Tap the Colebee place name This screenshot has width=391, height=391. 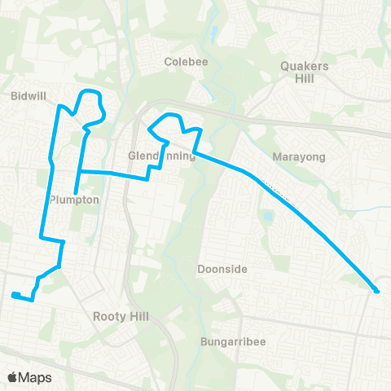183,61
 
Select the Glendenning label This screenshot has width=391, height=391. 162,156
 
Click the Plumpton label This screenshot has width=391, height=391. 74,200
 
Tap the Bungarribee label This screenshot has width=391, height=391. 232,343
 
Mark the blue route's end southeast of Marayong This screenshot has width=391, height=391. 376,291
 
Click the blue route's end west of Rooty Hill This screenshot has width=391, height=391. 13,295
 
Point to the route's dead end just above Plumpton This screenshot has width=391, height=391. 75,192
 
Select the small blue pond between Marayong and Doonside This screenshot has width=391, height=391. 268,217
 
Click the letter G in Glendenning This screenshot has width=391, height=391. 132,156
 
